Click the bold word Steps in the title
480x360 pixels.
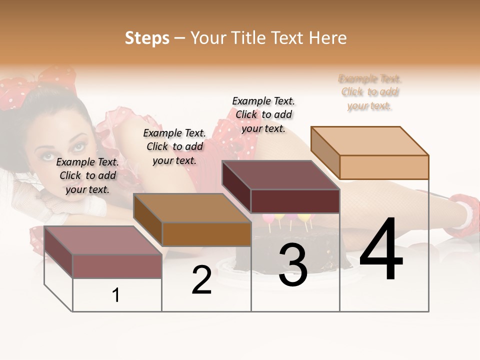147,38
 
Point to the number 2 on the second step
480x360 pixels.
201,280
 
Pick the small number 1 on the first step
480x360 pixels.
116,295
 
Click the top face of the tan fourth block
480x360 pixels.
369,140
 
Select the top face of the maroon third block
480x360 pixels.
280,175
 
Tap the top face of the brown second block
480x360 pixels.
192,207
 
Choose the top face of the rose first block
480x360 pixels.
103,240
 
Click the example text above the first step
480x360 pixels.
88,175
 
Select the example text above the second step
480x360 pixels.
174,146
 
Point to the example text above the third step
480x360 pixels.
263,114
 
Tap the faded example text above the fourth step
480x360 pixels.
370,92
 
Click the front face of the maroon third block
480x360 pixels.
295,201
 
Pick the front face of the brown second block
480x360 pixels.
206,234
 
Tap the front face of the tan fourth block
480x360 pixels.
384,167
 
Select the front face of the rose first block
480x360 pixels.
117,266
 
